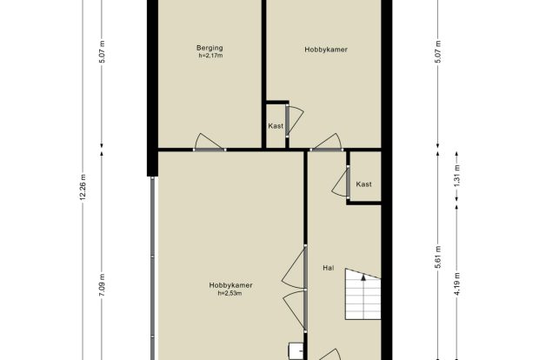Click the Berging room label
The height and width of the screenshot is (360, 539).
pos(210,48)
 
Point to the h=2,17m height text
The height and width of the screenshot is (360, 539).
pos(210,56)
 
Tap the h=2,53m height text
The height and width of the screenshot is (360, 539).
pos(230,293)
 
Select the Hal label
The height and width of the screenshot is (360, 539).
pos(329,268)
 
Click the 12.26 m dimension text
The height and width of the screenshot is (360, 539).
pos(83,188)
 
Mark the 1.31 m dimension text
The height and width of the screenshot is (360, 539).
pos(456,176)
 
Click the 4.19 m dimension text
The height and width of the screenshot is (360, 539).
pos(456,284)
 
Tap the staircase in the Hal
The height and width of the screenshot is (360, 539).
pos(363,294)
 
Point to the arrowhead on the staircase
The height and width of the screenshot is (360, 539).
pos(363,277)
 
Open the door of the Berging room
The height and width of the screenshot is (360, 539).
pos(210,143)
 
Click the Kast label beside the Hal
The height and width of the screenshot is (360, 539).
pos(363,184)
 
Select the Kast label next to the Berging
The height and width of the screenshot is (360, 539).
pos(276,126)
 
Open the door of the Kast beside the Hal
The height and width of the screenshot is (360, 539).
pos(341,183)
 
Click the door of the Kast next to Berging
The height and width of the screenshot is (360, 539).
pos(294,122)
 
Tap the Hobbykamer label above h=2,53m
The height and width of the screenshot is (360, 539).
pos(230,285)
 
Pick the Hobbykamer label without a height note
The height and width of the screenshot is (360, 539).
pos(326,50)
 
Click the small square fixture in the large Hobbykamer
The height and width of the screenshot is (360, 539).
pos(296,351)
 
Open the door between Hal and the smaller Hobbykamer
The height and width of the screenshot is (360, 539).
pos(326,143)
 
